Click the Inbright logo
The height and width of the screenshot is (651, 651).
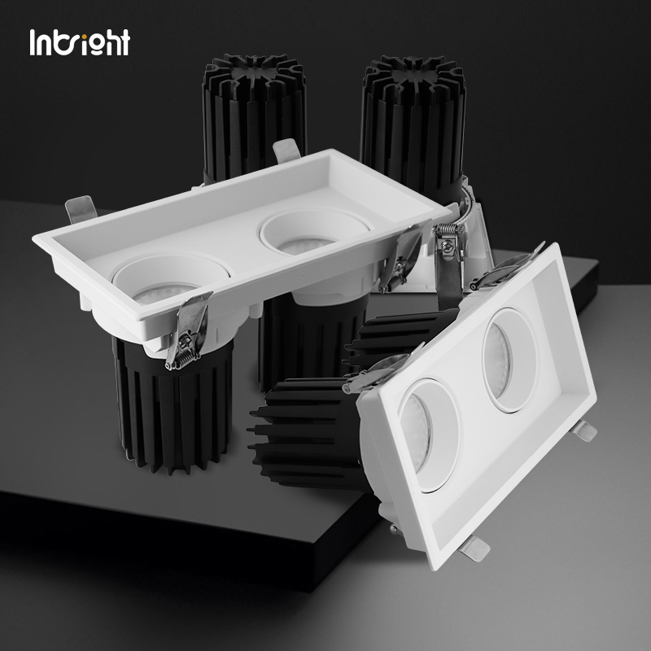(80, 42)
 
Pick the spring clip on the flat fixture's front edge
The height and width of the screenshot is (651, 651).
(189, 330)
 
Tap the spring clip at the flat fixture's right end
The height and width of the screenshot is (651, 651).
(400, 257)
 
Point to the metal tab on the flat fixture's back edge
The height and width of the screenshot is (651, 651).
(286, 151)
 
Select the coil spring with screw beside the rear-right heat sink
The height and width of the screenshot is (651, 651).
(448, 242)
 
